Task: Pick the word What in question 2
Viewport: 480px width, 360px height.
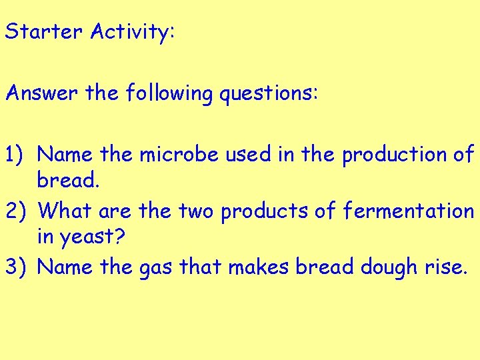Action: tap(65, 211)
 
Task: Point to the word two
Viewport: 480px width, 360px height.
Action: tap(197, 211)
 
